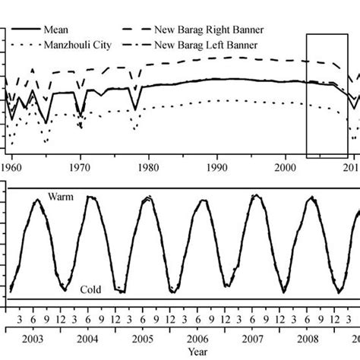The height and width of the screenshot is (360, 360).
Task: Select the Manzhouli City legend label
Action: [81, 46]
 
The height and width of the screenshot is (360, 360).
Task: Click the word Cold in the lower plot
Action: [91, 290]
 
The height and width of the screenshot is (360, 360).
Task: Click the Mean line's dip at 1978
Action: [135, 110]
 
